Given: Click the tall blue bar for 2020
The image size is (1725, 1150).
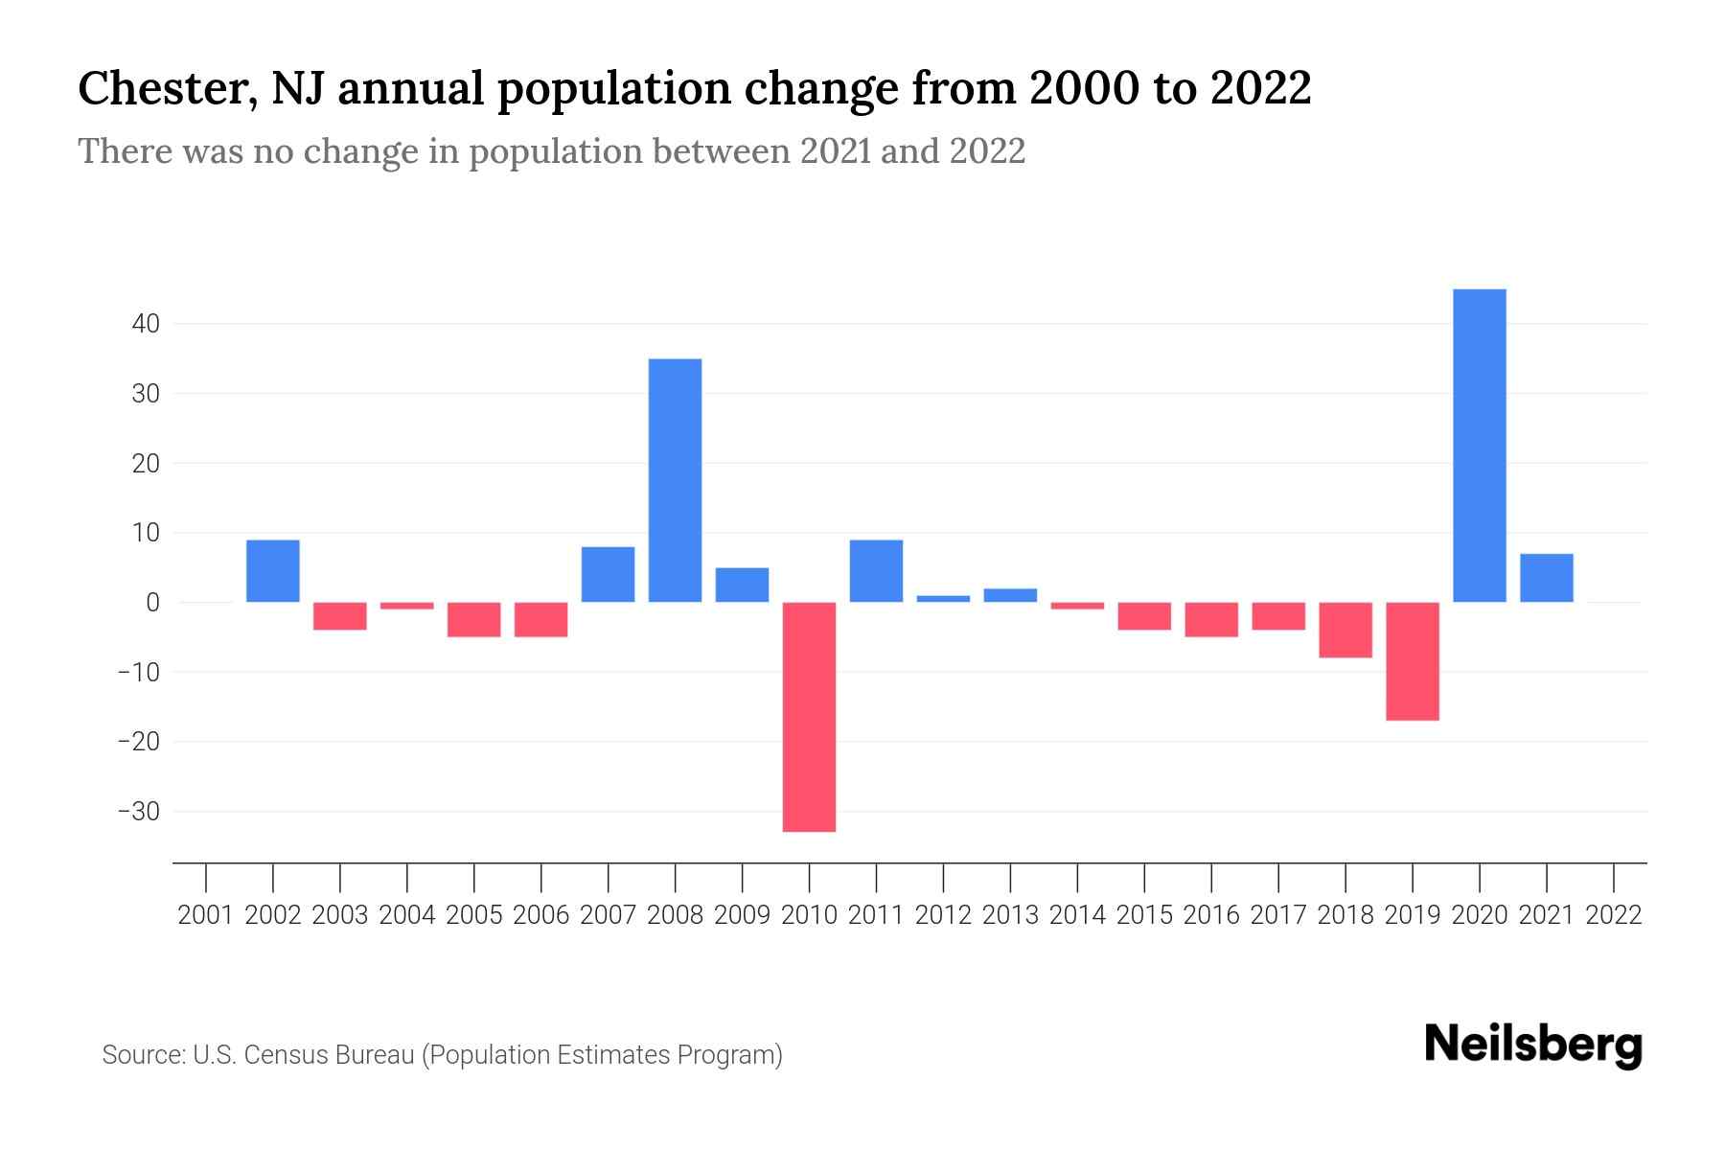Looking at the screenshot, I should click(1479, 446).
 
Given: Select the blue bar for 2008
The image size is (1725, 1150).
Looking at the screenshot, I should click(675, 480).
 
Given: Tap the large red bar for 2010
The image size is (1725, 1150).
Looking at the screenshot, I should click(809, 717).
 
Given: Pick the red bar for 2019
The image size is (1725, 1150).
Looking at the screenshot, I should click(1412, 661).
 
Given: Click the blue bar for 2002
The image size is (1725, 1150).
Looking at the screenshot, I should click(273, 571).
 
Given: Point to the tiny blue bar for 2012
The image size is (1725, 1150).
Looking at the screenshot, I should click(943, 598).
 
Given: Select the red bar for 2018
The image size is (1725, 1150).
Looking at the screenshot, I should click(1345, 630).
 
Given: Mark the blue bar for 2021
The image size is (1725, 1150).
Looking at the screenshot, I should click(1546, 578).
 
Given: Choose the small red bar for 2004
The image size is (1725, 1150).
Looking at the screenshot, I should click(407, 606).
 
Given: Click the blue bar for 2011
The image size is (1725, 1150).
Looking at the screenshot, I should click(876, 571).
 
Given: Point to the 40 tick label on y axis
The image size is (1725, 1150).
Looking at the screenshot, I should click(146, 324).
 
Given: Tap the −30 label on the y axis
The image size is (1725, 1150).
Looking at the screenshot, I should click(139, 812).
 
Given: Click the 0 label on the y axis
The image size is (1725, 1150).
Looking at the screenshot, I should click(152, 603).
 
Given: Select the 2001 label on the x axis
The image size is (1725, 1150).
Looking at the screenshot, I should click(206, 915).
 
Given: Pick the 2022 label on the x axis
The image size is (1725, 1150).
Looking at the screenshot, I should click(1614, 915).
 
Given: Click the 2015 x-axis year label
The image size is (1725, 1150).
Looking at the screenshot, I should click(1144, 915).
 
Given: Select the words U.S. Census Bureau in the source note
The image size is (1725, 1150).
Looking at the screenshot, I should click(304, 1055).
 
